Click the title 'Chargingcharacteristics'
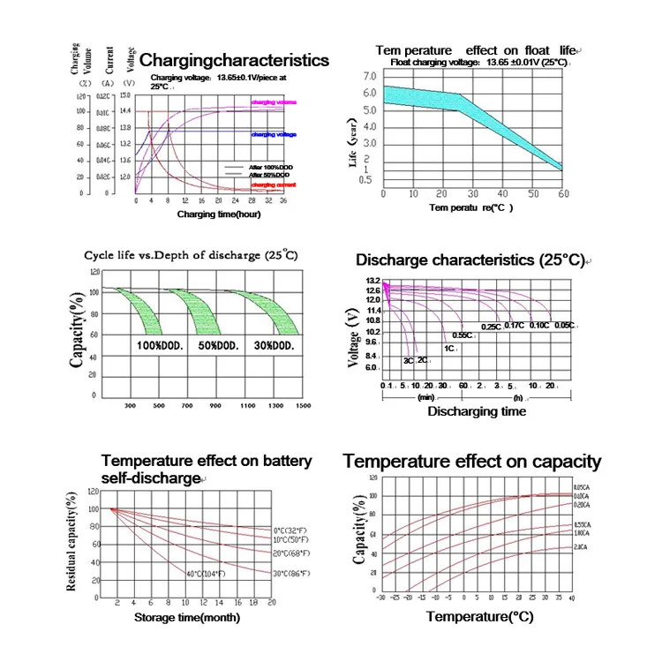tap(235, 61)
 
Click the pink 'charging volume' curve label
tap(274, 103)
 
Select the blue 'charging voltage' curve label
tap(274, 134)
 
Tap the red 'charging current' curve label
tap(274, 184)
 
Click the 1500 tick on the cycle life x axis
tap(304, 405)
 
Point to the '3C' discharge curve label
tap(409, 360)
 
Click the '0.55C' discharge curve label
tap(462, 335)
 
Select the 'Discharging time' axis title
tap(477, 411)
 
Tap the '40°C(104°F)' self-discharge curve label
tap(207, 574)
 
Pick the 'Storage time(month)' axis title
tap(185, 617)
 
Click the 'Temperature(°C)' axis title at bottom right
tap(479, 616)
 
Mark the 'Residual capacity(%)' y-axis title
tap(70, 545)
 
